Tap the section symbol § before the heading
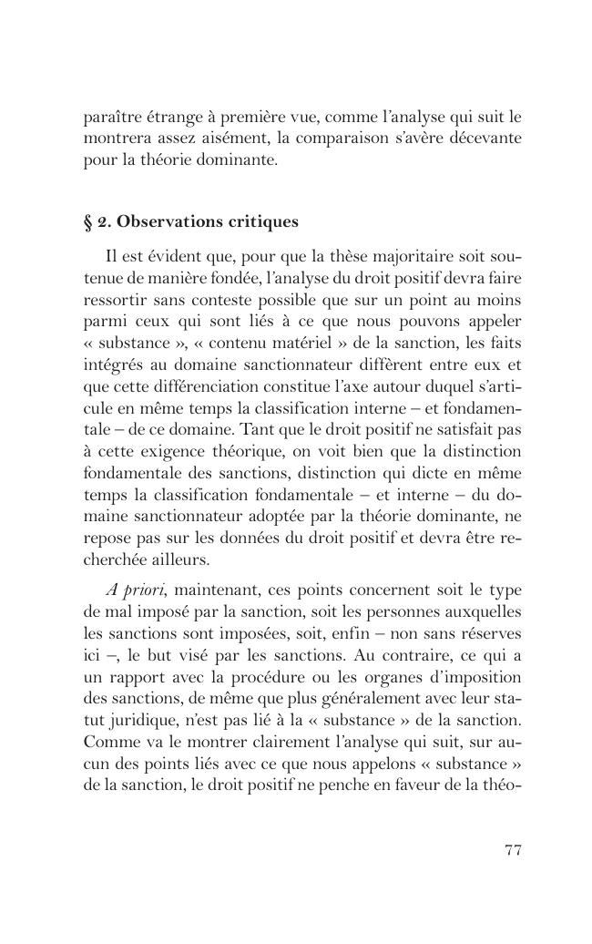tap(88, 221)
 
